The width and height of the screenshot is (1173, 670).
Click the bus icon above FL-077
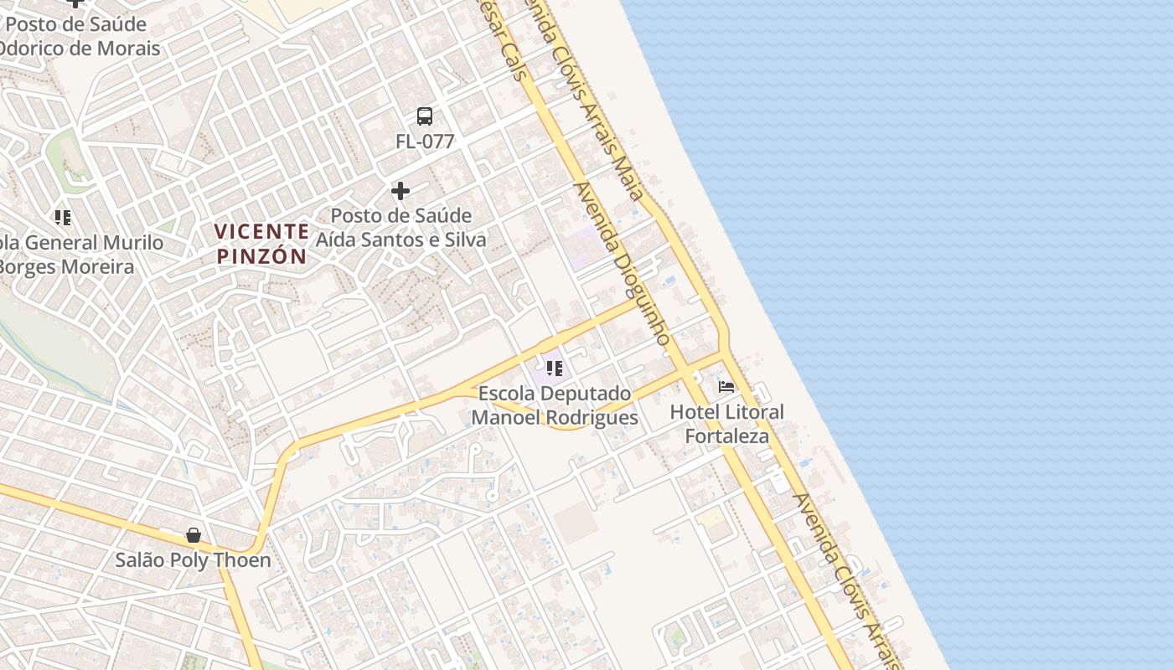(x=425, y=116)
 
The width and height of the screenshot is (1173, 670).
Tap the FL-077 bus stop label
(x=425, y=142)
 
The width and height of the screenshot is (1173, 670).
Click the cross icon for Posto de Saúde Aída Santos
(x=400, y=191)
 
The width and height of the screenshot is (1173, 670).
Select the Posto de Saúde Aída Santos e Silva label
(x=400, y=228)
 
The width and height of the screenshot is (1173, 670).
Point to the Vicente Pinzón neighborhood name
(x=261, y=244)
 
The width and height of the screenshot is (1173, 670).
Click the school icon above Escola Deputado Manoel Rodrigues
(x=554, y=368)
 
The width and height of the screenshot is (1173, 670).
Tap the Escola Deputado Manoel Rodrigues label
(x=555, y=405)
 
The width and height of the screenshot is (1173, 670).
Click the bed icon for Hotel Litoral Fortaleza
(x=726, y=387)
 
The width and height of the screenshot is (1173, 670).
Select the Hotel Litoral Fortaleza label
(x=727, y=424)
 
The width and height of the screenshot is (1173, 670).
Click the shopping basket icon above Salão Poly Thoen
(x=194, y=534)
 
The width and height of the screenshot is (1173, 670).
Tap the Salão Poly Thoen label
(x=194, y=560)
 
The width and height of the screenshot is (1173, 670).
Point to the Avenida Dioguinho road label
(x=622, y=264)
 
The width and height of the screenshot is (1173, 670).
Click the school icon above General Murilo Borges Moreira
(x=63, y=218)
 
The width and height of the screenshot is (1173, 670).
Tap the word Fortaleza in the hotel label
(x=727, y=436)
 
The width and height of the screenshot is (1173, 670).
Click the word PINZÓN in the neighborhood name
(x=261, y=256)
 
